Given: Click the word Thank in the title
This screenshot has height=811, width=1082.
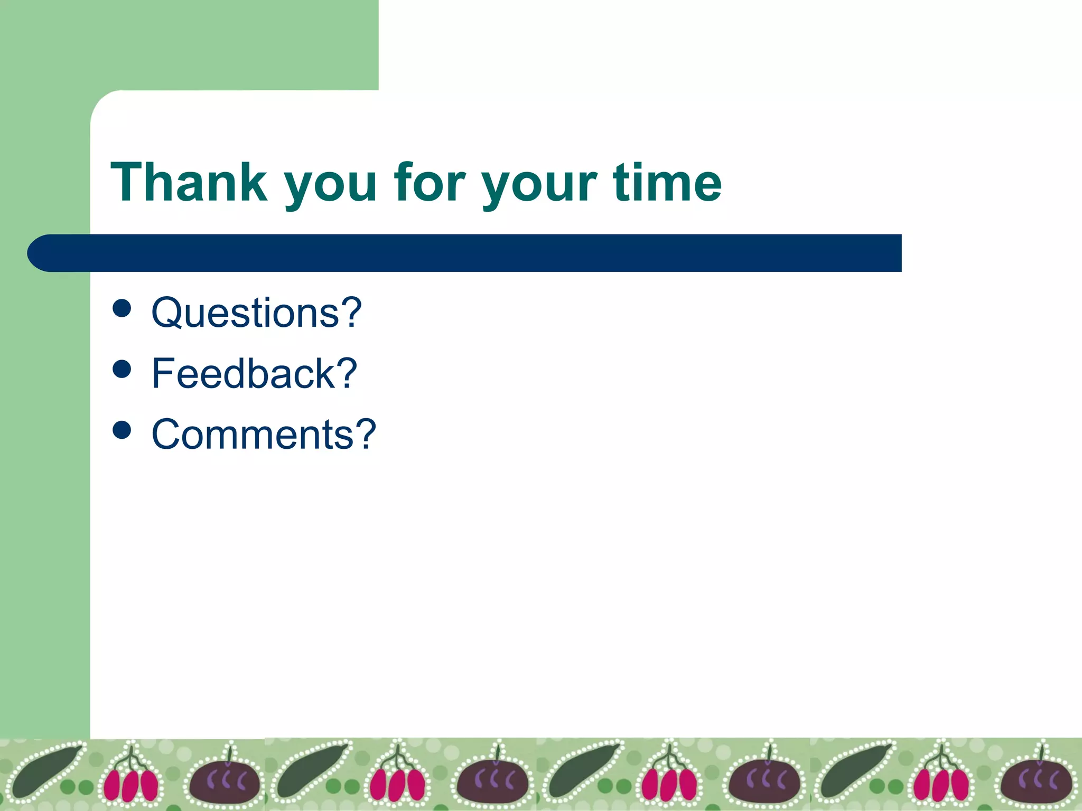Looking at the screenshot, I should pos(189,183).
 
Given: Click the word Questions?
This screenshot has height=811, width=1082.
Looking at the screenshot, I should pos(257,313).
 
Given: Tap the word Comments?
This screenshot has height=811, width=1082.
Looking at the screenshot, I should pos(264,434).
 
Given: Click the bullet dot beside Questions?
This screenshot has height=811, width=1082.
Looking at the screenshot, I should pos(122,308).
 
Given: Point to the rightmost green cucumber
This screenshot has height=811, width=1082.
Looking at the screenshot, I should pos(856,771).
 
